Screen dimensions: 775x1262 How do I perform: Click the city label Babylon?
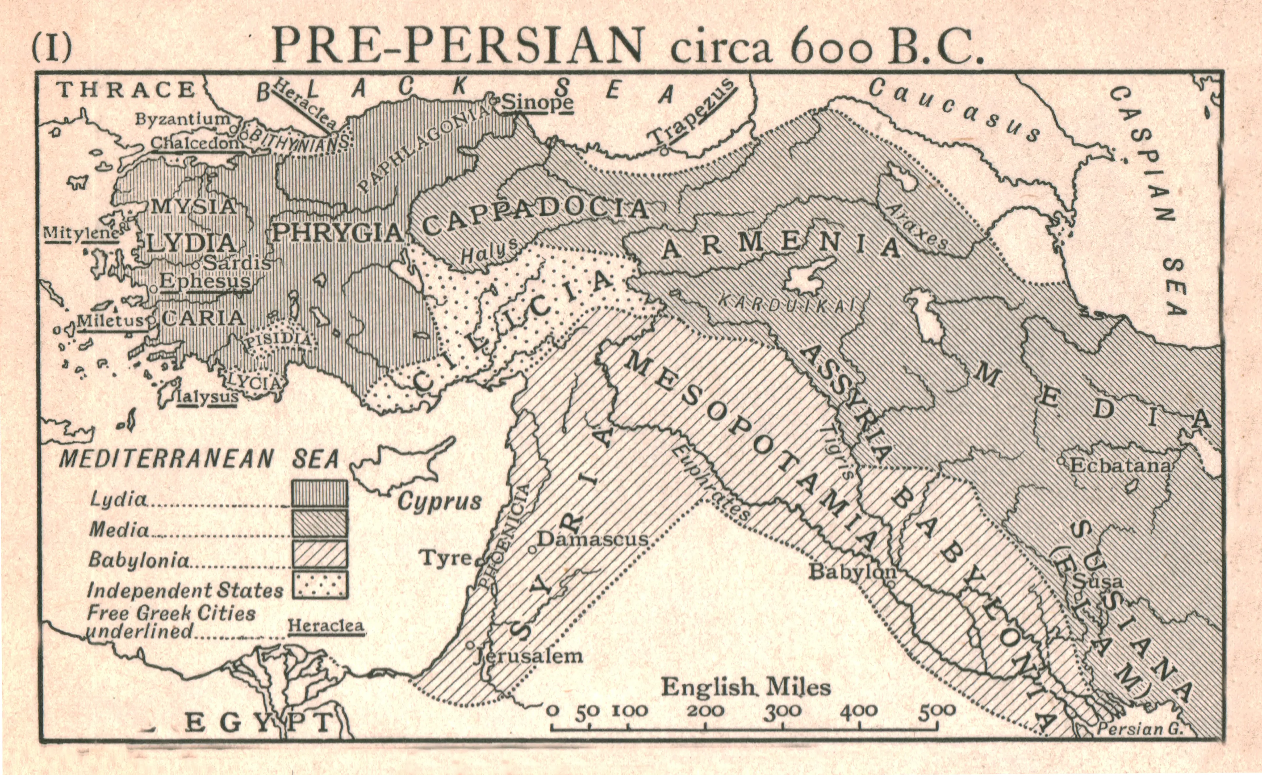point(852,572)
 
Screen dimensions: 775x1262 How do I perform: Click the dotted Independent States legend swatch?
point(319,584)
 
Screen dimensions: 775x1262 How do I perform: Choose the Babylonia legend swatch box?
point(319,554)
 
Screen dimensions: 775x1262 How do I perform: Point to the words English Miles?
point(745,687)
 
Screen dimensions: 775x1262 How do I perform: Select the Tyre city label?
point(445,558)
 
